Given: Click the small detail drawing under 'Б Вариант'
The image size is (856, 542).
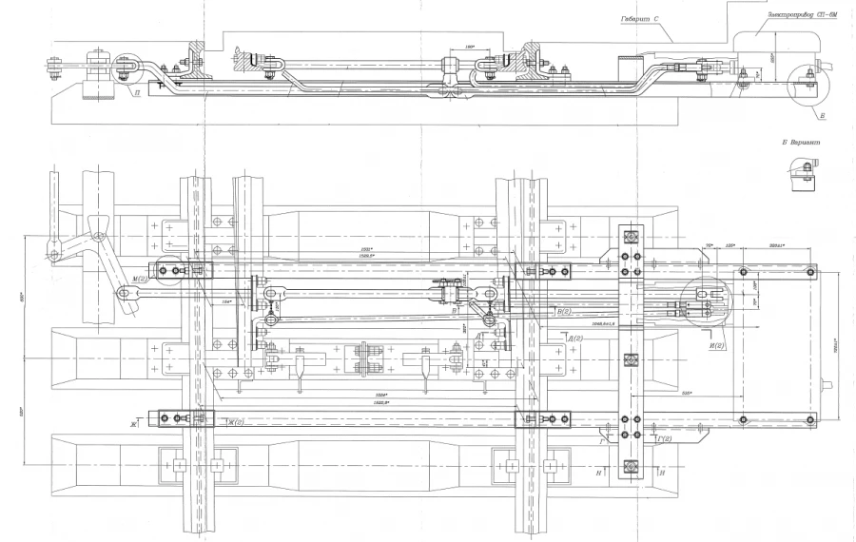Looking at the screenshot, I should tap(802, 172).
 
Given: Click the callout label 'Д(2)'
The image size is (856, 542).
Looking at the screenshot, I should tap(574, 338).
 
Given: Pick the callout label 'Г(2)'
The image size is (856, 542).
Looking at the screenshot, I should tap(663, 438).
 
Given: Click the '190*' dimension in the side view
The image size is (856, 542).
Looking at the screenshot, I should tap(469, 45).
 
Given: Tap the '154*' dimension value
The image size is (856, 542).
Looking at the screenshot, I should tap(227, 301).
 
